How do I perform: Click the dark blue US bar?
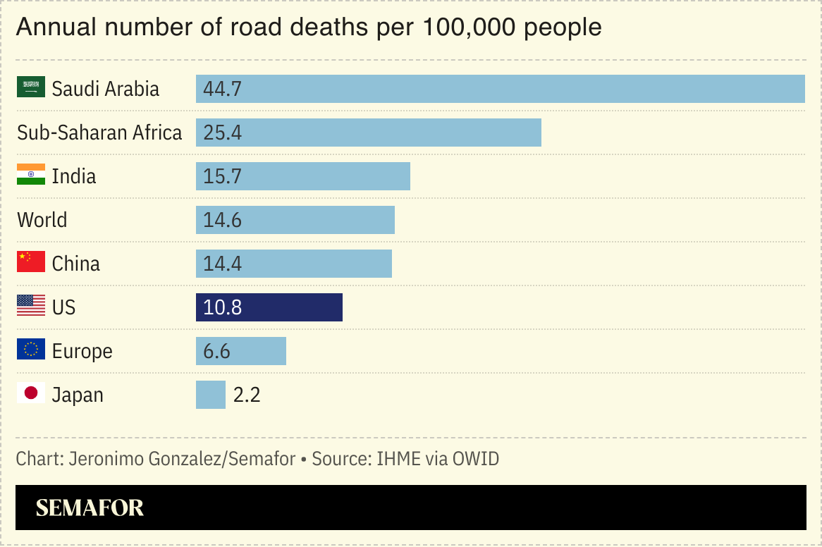(x=269, y=307)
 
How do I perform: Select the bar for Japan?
(x=211, y=395)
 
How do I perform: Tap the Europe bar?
(x=241, y=351)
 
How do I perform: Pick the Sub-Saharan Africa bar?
(x=368, y=133)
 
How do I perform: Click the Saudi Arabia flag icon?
(x=31, y=87)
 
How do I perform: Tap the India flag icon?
(x=31, y=175)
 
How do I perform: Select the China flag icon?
(x=31, y=262)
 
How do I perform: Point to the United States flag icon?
(x=31, y=306)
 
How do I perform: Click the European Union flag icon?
(x=31, y=350)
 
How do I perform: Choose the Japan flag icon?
(x=31, y=393)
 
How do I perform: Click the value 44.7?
(x=222, y=89)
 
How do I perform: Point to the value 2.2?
(x=247, y=395)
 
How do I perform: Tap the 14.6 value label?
(x=222, y=220)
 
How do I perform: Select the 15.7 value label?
(x=222, y=176)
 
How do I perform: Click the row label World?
(x=42, y=220)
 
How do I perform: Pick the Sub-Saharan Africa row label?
(x=99, y=133)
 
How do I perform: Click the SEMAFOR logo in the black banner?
(x=90, y=508)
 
